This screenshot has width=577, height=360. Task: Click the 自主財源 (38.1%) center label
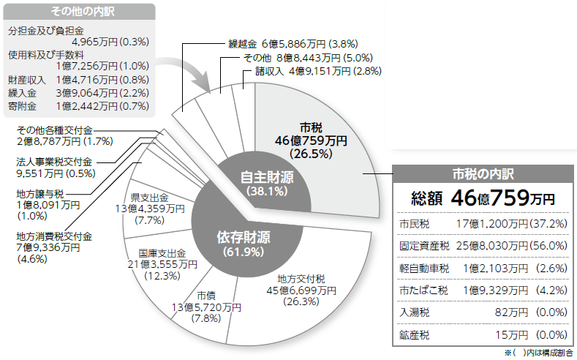268,183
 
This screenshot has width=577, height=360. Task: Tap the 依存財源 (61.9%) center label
244,243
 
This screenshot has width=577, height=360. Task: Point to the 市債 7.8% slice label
205,307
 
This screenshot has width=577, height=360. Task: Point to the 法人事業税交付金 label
55,162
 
